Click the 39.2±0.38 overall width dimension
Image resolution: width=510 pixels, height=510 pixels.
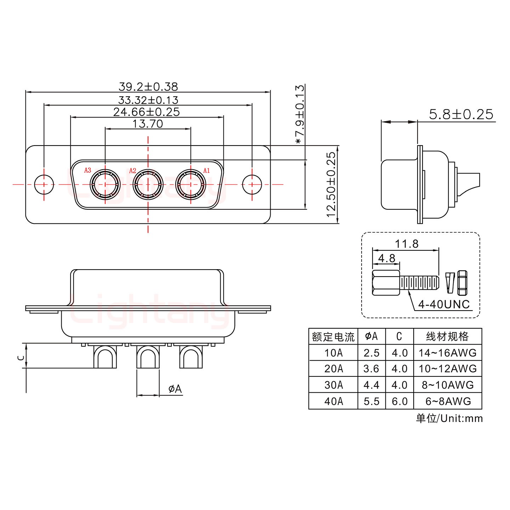[x=148, y=86]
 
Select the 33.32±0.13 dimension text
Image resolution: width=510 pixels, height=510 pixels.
[x=148, y=100]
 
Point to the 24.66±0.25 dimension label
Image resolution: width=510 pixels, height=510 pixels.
[x=147, y=112]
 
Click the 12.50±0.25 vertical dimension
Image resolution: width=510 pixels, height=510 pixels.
[x=331, y=185]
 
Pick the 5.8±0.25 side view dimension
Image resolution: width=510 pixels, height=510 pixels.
[x=461, y=114]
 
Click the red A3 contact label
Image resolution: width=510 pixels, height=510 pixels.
[x=88, y=170]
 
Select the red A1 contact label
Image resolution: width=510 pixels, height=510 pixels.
[x=206, y=170]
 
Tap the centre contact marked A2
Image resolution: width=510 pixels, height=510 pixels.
[x=148, y=185]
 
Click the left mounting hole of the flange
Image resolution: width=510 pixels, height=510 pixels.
[x=44, y=185]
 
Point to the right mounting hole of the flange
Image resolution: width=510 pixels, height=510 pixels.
[x=252, y=185]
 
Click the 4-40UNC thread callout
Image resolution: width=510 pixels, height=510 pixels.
[x=444, y=304]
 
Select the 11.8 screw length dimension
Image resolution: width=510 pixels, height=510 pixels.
[x=407, y=244]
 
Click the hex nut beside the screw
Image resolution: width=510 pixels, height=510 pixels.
[x=462, y=283]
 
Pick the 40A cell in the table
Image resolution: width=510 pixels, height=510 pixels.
[x=333, y=401]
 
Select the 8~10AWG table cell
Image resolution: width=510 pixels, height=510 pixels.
[x=448, y=385]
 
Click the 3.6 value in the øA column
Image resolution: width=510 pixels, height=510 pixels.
[x=371, y=369]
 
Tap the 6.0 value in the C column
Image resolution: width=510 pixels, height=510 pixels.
[x=399, y=401]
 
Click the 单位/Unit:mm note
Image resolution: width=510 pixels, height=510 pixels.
[x=449, y=418]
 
